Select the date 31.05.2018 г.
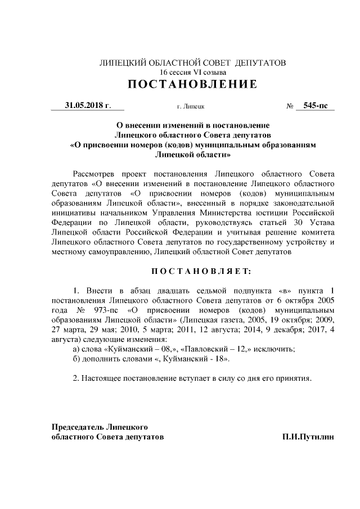pyautogui.click(x=87, y=105)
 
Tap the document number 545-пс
pyautogui.click(x=318, y=105)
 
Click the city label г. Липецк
pyautogui.click(x=190, y=106)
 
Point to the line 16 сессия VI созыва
pyautogui.click(x=192, y=72)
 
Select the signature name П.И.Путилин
pyautogui.click(x=308, y=436)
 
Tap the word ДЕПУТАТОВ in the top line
pyautogui.click(x=259, y=62)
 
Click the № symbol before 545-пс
pyautogui.click(x=291, y=105)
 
